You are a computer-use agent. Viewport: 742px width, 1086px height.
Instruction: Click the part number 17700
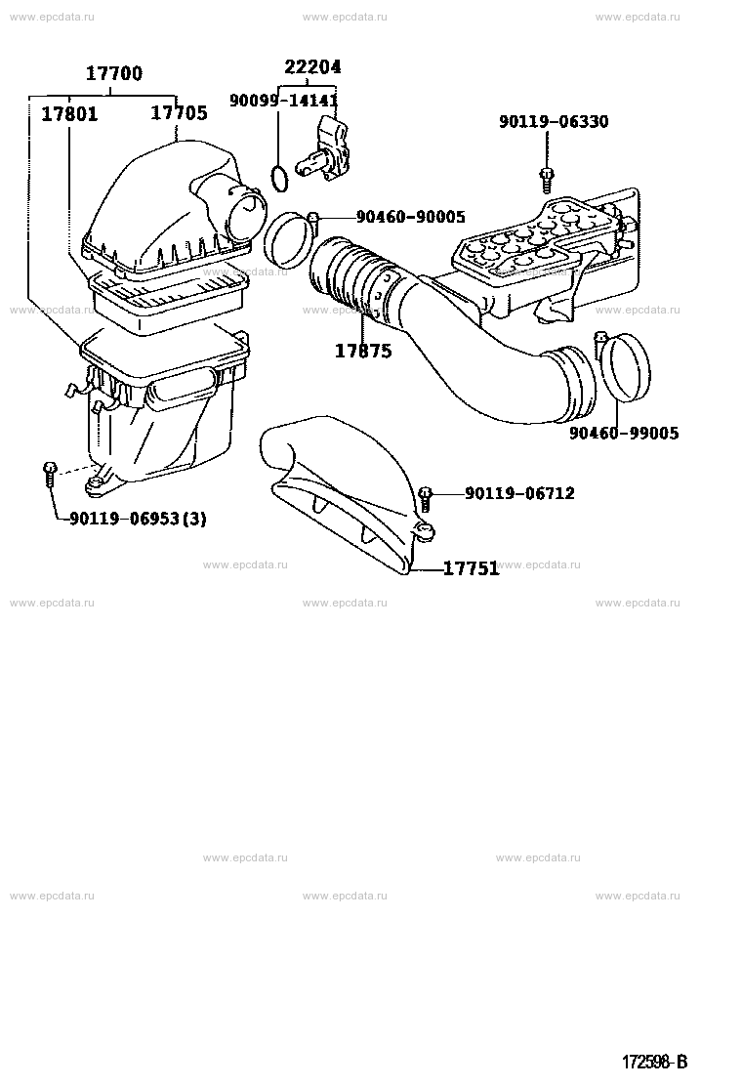114,73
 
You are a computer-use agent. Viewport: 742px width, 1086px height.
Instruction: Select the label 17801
69,113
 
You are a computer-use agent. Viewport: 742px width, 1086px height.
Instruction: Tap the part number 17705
180,113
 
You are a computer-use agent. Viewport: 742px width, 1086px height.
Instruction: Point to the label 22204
312,67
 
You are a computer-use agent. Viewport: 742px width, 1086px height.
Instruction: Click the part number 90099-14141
283,102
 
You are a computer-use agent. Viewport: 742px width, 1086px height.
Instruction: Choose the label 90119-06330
554,122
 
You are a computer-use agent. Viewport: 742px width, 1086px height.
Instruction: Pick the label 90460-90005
410,217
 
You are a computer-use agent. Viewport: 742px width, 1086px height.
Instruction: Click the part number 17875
363,352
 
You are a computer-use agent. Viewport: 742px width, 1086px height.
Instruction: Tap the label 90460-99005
624,434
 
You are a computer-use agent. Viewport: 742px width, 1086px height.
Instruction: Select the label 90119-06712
519,493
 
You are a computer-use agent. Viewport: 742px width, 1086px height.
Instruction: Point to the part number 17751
471,568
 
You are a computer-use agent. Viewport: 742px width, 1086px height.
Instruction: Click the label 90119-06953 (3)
138,518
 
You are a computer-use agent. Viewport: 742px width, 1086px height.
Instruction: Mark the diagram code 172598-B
655,1062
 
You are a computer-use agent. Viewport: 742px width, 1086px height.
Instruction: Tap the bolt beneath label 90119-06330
546,180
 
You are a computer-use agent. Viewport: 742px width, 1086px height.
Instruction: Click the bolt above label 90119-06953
49,475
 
